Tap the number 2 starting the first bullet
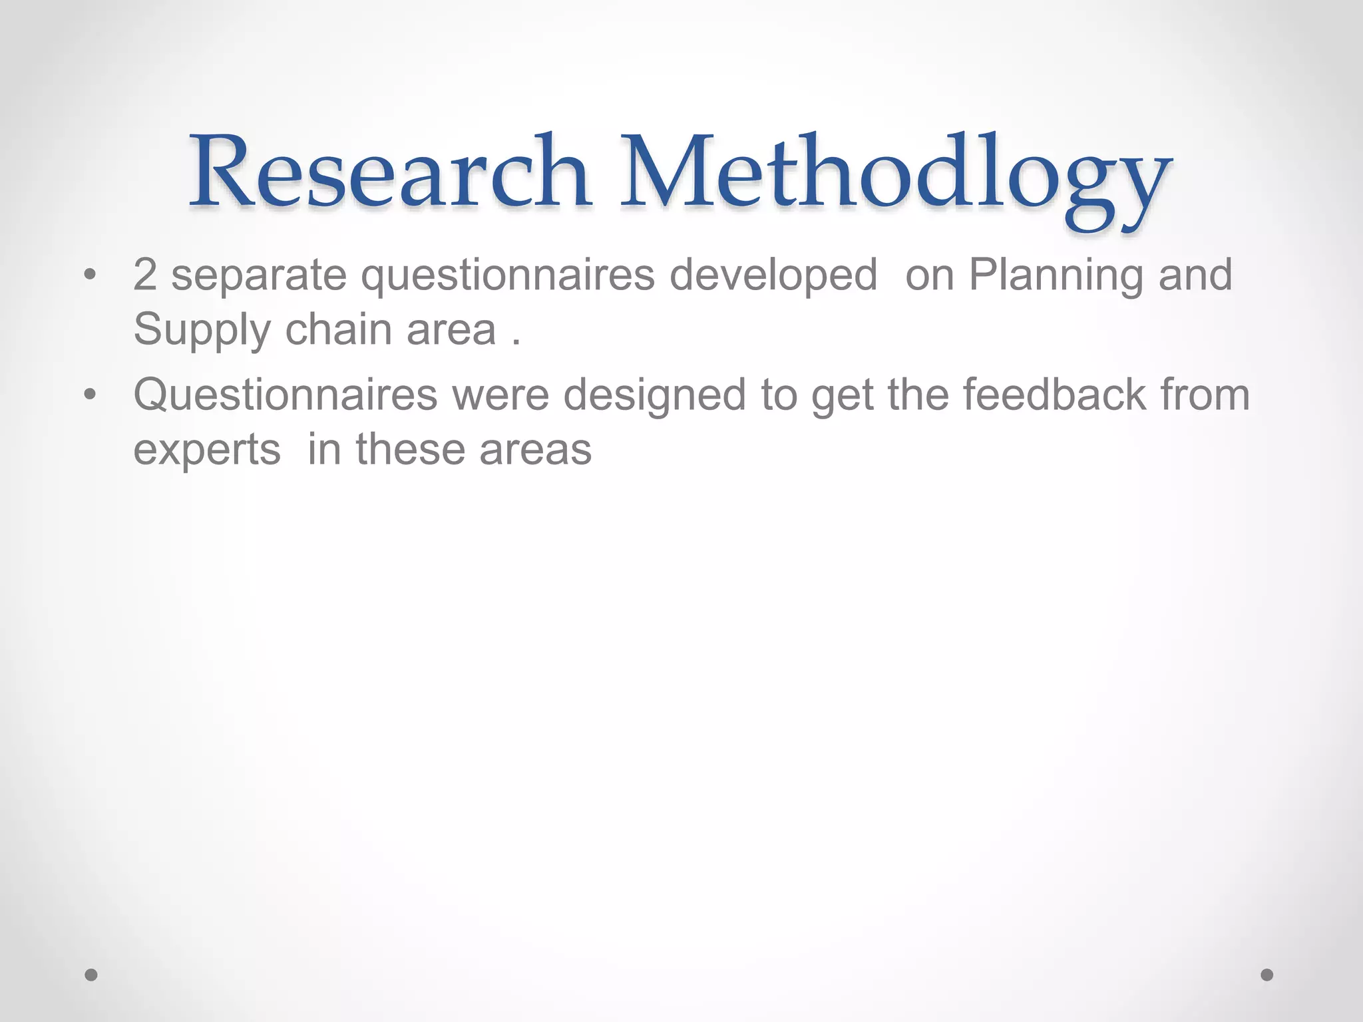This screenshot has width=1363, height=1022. tap(144, 274)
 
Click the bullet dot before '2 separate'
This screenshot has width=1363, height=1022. tap(91, 275)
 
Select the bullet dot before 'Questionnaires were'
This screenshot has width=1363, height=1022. tap(91, 395)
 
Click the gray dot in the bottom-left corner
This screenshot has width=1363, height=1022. tap(91, 975)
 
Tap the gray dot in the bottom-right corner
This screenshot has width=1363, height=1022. tap(1267, 975)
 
